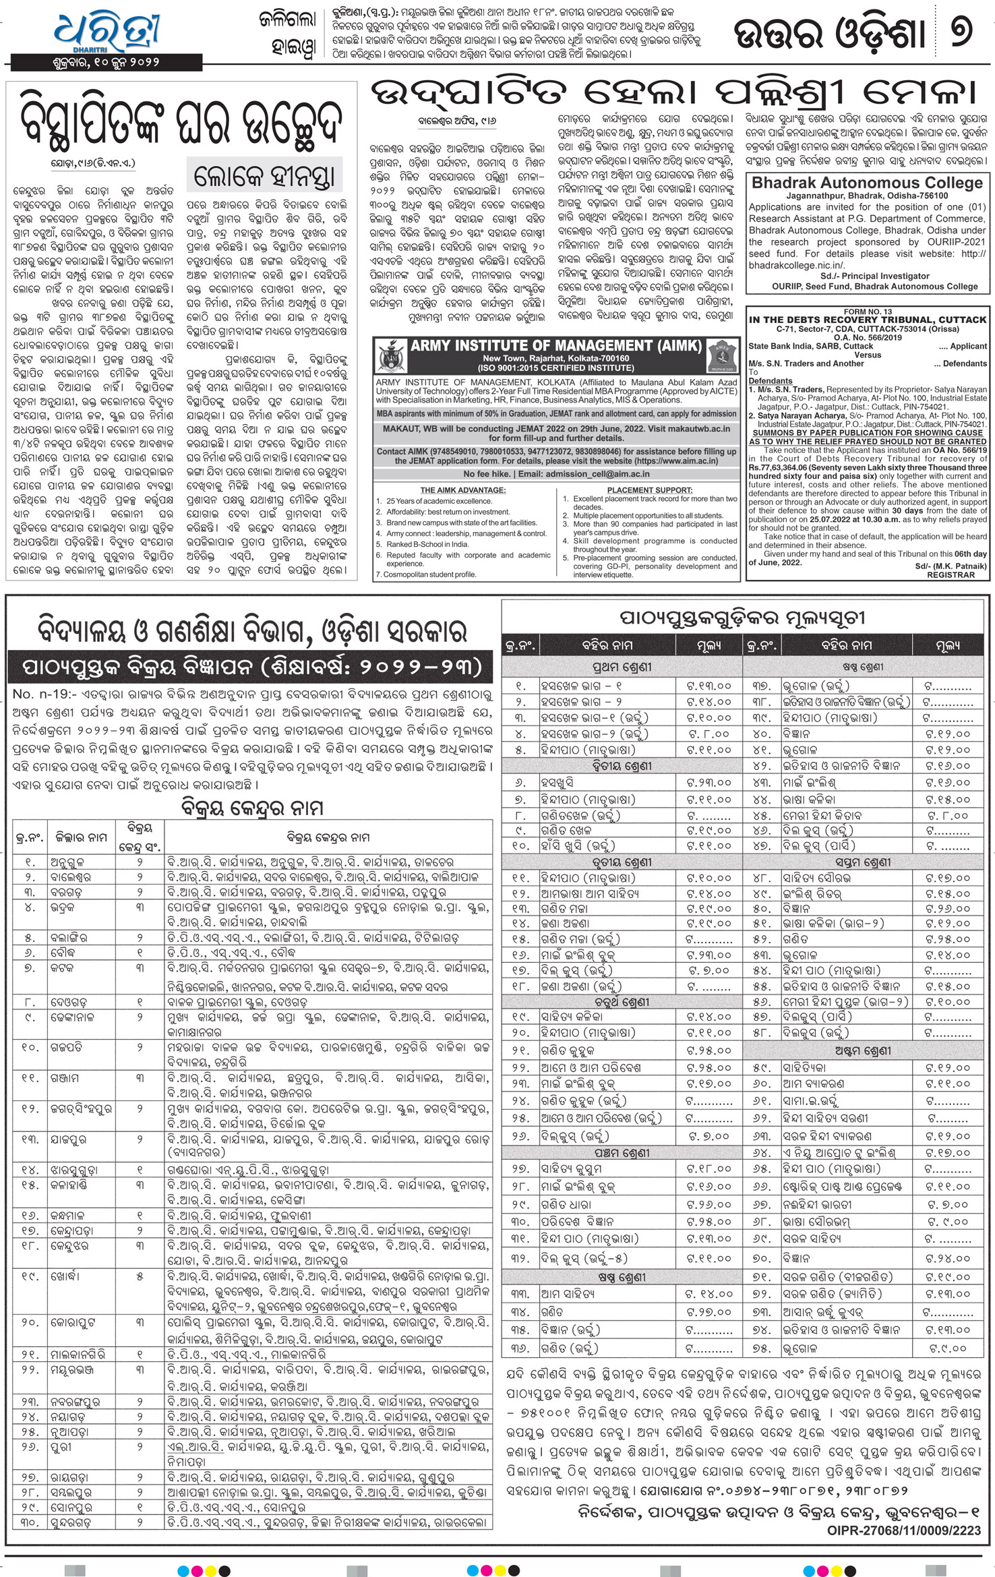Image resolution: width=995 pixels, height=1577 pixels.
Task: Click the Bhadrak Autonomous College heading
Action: coord(867,183)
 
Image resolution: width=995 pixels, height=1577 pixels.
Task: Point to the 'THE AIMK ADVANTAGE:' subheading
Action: coord(462,489)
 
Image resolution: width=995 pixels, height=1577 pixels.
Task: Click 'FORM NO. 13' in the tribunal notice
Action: coord(867,311)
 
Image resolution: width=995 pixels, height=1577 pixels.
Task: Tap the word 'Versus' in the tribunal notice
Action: coord(867,355)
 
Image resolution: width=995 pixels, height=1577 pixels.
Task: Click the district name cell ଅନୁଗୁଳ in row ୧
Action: coord(67,862)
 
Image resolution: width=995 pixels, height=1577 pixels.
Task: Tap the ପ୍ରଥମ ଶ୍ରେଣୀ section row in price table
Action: coord(622,667)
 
